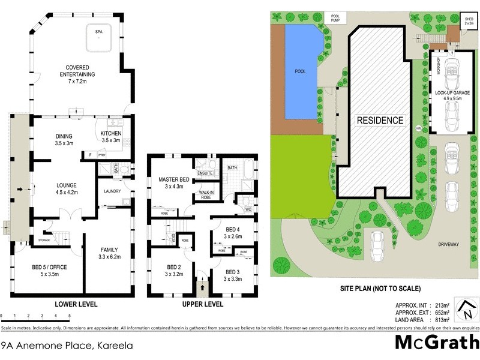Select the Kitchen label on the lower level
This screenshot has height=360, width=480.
[110, 136]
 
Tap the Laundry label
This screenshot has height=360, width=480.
[112, 191]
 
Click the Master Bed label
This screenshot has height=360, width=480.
[174, 182]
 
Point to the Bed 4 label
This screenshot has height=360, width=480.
[233, 233]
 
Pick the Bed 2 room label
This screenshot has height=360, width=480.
[174, 271]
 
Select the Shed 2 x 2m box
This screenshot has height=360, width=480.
[469, 21]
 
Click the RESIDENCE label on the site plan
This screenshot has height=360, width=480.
[380, 120]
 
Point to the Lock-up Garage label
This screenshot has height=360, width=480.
[452, 97]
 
